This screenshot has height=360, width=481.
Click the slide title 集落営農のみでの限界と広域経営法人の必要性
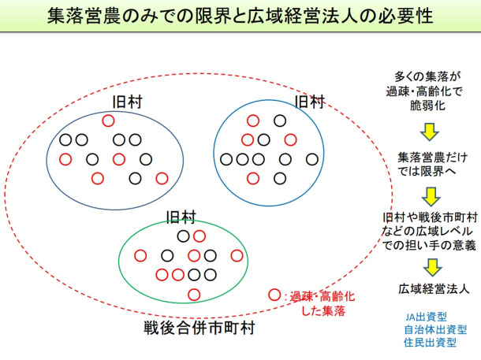tap(240, 15)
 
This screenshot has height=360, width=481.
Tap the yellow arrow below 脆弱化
tap(429, 130)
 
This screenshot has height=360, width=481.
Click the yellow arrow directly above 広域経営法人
tap(429, 267)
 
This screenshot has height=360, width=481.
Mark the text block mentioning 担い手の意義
tap(431, 231)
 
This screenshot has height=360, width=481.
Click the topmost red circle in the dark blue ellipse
tap(107, 121)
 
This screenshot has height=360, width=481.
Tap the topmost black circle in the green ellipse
tap(183, 236)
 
